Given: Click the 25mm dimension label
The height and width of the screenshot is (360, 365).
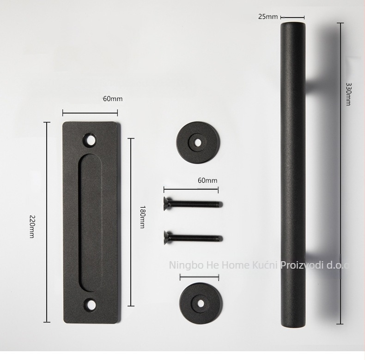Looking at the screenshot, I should click(x=268, y=17).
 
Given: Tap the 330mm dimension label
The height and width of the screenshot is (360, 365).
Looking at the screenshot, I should click(x=348, y=94).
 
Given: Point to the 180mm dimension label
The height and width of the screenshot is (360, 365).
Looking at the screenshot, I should click(x=142, y=217).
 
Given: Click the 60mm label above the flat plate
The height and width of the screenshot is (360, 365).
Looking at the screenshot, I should click(x=112, y=99).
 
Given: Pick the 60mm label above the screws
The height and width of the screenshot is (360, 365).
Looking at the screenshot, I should click(x=207, y=180).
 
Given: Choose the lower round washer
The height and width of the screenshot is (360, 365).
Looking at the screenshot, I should click(x=201, y=303).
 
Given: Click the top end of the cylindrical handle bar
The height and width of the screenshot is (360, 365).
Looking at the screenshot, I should click(x=293, y=24).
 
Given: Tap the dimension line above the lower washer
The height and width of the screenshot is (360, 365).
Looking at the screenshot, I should click(x=199, y=277).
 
